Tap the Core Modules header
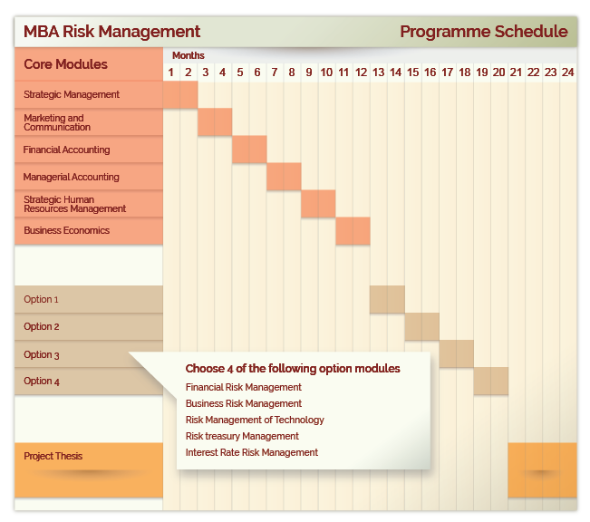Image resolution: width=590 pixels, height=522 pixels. tap(65, 64)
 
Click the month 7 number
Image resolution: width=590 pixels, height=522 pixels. tap(275, 72)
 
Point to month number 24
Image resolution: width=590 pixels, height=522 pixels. tap(568, 72)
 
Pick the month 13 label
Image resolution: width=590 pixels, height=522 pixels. tap(378, 72)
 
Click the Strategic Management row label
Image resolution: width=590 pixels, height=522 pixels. tap(72, 94)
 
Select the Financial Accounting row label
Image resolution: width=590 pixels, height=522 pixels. tap(66, 150)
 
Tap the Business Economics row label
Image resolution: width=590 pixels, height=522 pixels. tap(66, 230)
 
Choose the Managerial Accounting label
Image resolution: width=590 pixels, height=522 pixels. tap(71, 177)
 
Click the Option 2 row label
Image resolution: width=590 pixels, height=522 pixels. tap(42, 326)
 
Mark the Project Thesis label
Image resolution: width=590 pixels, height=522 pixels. tap(53, 456)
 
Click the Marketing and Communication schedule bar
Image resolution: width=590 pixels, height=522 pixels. tap(215, 122)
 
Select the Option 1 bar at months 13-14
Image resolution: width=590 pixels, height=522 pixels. tap(387, 299)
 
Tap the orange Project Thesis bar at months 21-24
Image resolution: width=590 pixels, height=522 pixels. tap(542, 470)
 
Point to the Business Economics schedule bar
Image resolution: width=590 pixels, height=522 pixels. tap(353, 231)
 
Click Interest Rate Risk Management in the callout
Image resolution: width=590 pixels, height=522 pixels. tap(252, 452)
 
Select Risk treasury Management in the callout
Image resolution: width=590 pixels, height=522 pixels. tap(242, 436)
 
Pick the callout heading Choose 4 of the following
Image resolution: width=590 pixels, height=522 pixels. tap(293, 369)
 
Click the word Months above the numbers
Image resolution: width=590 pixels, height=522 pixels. tap(189, 55)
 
